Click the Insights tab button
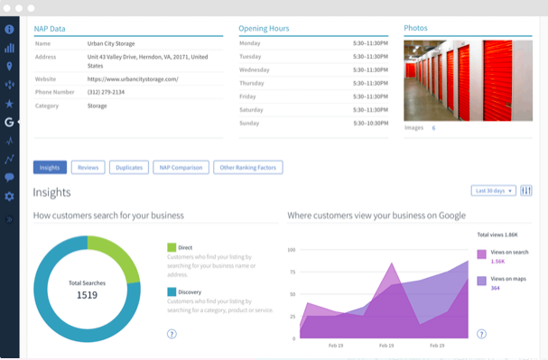pos(50,167)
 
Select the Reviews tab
pos(88,167)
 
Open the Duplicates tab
pos(129,167)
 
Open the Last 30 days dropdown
pos(494,190)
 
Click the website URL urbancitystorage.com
pos(133,78)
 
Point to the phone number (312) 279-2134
pos(107,92)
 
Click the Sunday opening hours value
pos(371,123)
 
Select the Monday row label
pos(250,42)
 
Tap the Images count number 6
pos(433,128)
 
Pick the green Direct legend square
pos(172,246)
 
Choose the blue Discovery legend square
pos(172,291)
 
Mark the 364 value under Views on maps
pos(495,288)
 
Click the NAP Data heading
pos(50,29)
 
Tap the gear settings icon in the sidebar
pos(9,197)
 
